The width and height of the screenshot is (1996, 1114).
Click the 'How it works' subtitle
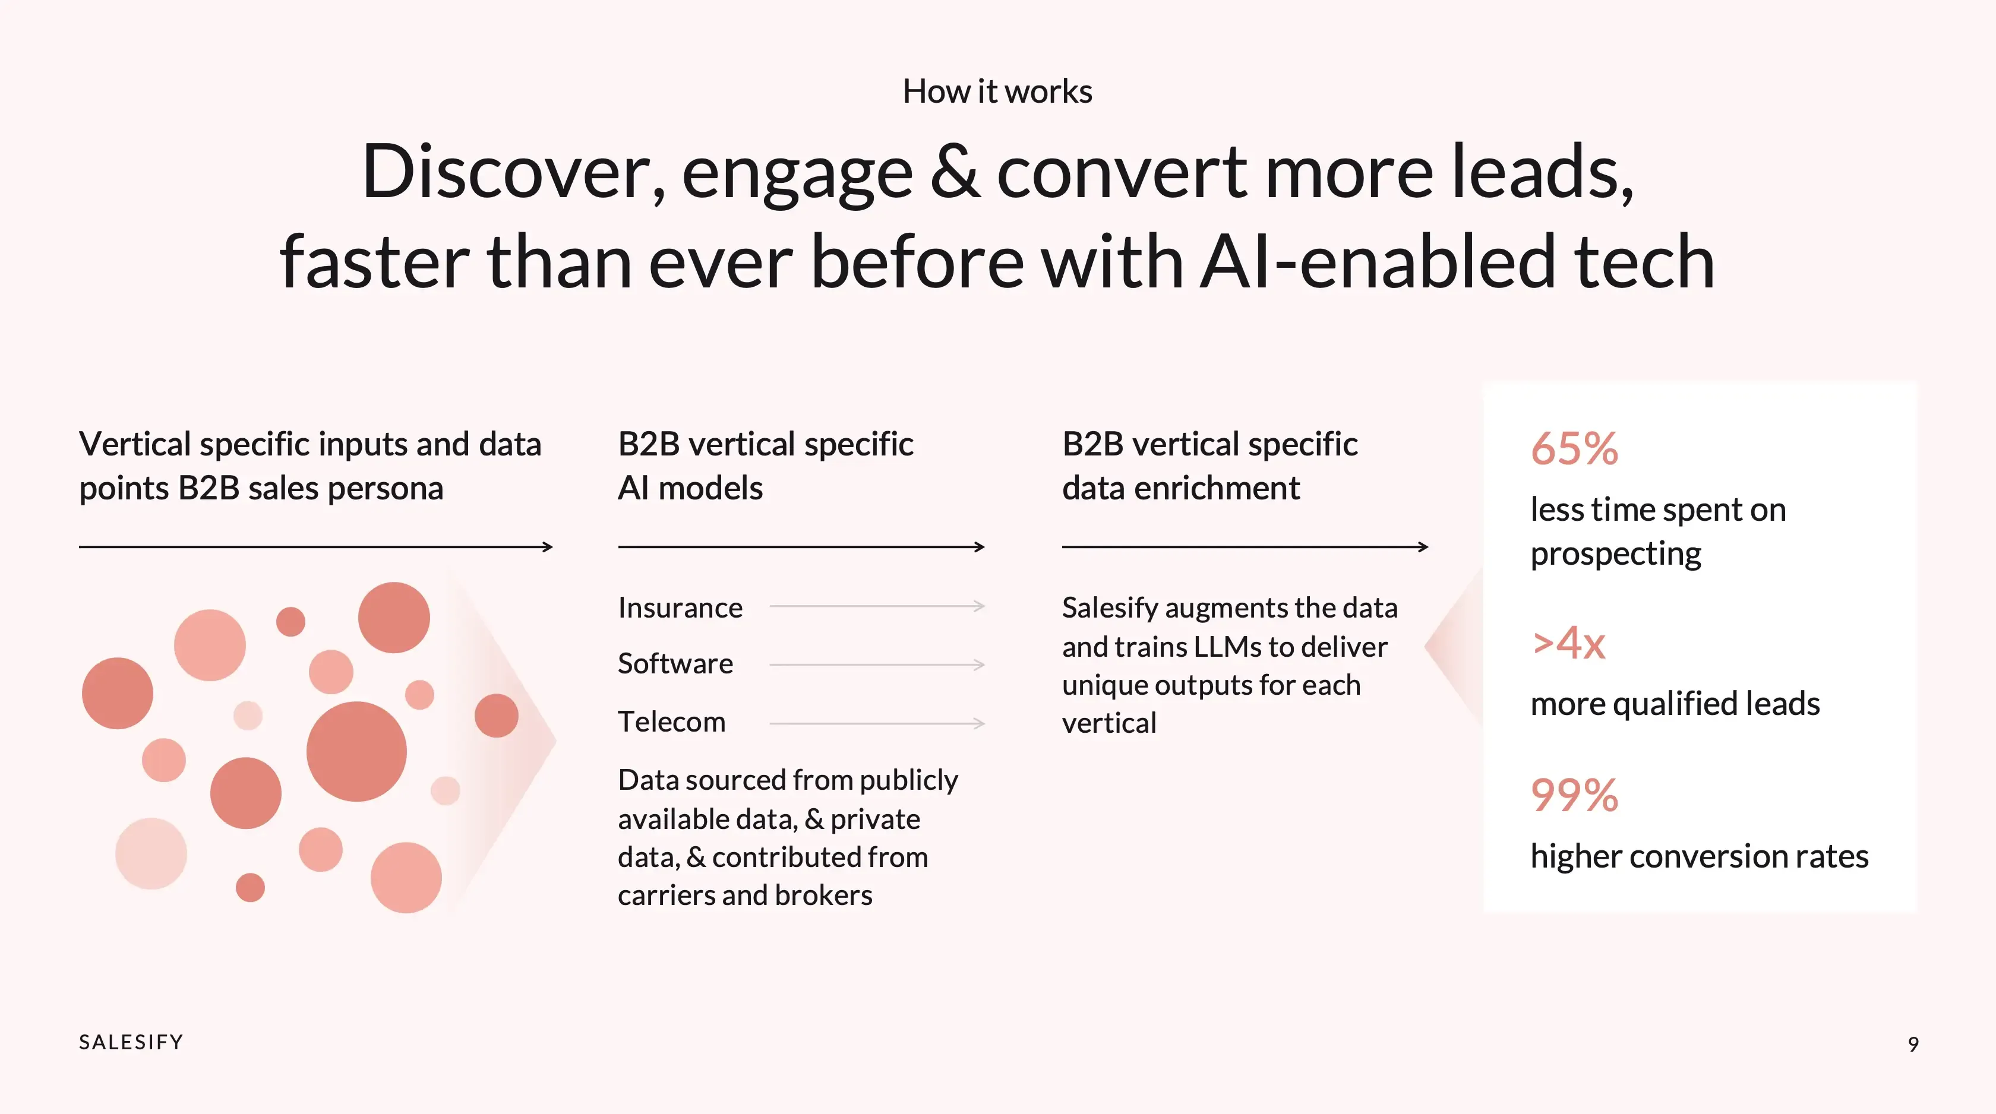pos(997,91)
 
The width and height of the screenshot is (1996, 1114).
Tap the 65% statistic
pos(1574,448)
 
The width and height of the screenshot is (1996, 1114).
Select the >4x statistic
pos(1568,643)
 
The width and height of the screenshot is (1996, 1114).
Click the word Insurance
pos(680,607)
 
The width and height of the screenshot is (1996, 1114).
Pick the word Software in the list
pos(675,664)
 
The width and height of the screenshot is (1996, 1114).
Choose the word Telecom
pos(671,722)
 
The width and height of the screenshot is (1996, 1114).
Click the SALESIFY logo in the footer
pos(131,1042)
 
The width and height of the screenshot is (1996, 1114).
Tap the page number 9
pos(1913,1045)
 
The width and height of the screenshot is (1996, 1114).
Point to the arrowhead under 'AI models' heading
pos(980,547)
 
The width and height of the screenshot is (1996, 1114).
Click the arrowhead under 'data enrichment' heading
pos(1423,547)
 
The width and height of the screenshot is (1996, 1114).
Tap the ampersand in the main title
pos(955,172)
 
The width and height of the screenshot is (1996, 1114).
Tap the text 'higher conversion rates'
pos(1699,856)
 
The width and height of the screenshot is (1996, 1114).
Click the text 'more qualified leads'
pos(1675,704)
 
